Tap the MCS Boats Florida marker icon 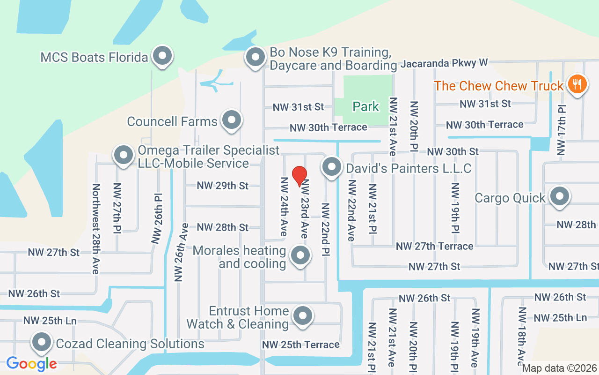pyautogui.click(x=162, y=56)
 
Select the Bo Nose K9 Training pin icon pyautogui.click(x=256, y=57)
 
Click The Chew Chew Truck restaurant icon pyautogui.click(x=577, y=84)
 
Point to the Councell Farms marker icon pyautogui.click(x=231, y=120)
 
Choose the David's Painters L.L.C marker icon pyautogui.click(x=331, y=167)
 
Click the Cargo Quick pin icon pyautogui.click(x=559, y=197)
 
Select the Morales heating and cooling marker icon pyautogui.click(x=300, y=256)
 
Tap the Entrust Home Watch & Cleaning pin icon pyautogui.click(x=303, y=316)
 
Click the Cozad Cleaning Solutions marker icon pyautogui.click(x=42, y=343)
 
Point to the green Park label pyautogui.click(x=365, y=107)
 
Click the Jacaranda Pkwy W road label pyautogui.click(x=444, y=63)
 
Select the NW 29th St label pyautogui.click(x=222, y=186)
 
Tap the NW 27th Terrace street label pyautogui.click(x=434, y=246)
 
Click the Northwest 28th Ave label pyautogui.click(x=96, y=228)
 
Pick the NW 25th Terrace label pyautogui.click(x=300, y=345)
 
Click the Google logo pyautogui.click(x=31, y=363)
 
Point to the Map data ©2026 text pyautogui.click(x=559, y=368)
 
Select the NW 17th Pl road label pyautogui.click(x=561, y=130)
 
